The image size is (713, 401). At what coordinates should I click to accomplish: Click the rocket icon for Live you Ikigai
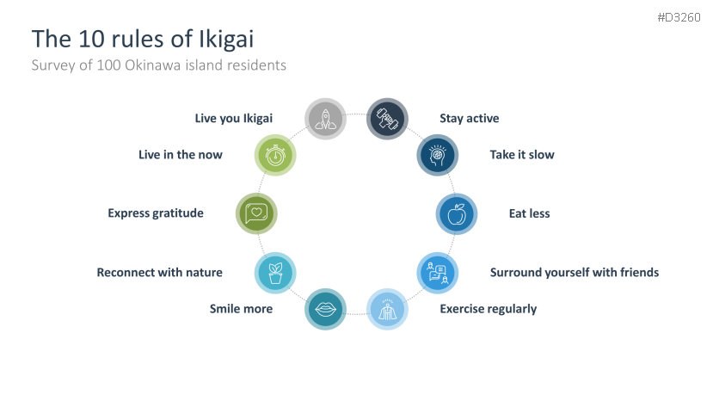pos(326,119)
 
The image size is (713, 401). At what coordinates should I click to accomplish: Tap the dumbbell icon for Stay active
pos(387,119)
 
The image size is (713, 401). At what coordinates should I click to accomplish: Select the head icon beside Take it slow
pos(437,156)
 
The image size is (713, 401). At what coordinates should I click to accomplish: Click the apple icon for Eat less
pos(457,213)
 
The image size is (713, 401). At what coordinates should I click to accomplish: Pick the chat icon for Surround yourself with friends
pos(438,273)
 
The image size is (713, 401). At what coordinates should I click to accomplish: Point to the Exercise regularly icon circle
pos(387,309)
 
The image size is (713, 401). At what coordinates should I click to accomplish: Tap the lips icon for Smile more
pos(326,309)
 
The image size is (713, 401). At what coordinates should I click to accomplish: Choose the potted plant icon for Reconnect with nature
pos(276,273)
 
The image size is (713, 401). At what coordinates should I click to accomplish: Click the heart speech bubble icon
pos(256,213)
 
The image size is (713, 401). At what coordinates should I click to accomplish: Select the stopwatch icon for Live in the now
pos(276,156)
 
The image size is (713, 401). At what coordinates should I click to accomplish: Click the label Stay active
pos(469,119)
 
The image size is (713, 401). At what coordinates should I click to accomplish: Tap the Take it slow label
pos(522,155)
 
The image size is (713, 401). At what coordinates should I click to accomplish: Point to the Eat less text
pos(529,213)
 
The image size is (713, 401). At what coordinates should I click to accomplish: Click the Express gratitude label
pos(156,213)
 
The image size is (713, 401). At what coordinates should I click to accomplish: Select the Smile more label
pos(241,309)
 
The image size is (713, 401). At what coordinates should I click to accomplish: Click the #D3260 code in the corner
pos(679,17)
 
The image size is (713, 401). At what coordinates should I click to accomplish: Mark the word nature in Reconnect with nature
pos(202,273)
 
